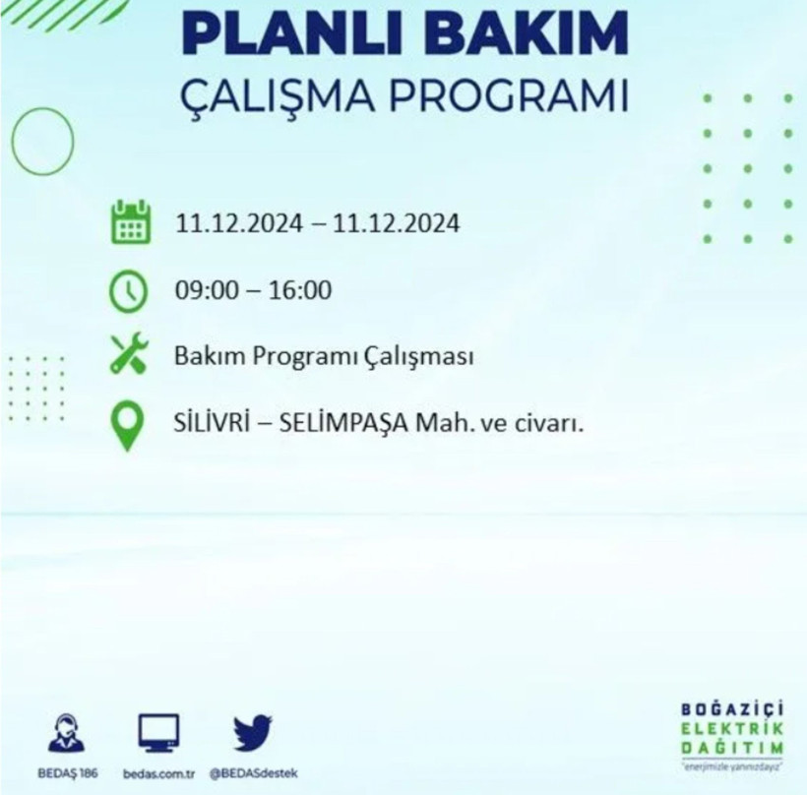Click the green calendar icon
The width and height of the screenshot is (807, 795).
point(130,223)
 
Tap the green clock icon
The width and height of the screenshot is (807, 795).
point(129,291)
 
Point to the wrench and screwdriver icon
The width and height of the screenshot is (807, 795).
point(129,355)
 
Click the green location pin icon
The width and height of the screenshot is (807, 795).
point(128,428)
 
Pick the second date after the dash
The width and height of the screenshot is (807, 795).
point(396,224)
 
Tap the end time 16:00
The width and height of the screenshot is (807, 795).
point(300,291)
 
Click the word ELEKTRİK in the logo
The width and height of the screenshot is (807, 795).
point(732,728)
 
